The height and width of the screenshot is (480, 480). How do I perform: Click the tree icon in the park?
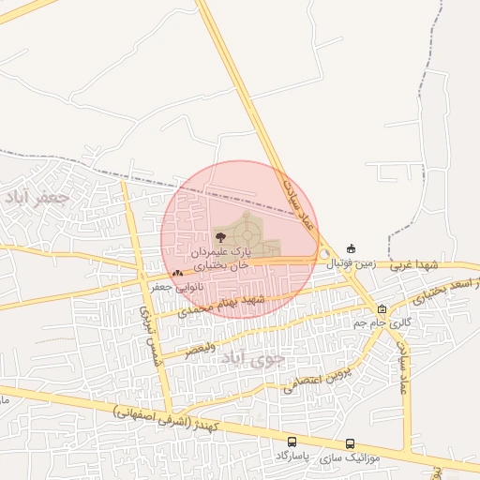coord(220,238)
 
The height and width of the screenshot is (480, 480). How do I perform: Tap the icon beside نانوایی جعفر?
coord(178,274)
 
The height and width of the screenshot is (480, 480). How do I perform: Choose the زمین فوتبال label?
coord(351,264)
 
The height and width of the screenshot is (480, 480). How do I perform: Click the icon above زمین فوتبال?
coord(352,248)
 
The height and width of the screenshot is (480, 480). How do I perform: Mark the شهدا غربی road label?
coord(414,265)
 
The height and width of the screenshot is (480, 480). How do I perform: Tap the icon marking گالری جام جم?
coord(382,308)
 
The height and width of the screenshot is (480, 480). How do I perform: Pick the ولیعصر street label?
coord(200,349)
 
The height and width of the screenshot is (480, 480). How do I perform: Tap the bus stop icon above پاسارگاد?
coord(292,442)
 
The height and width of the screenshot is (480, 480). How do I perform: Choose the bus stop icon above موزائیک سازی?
coord(350,444)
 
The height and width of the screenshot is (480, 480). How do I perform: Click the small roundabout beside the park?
coord(324,254)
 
